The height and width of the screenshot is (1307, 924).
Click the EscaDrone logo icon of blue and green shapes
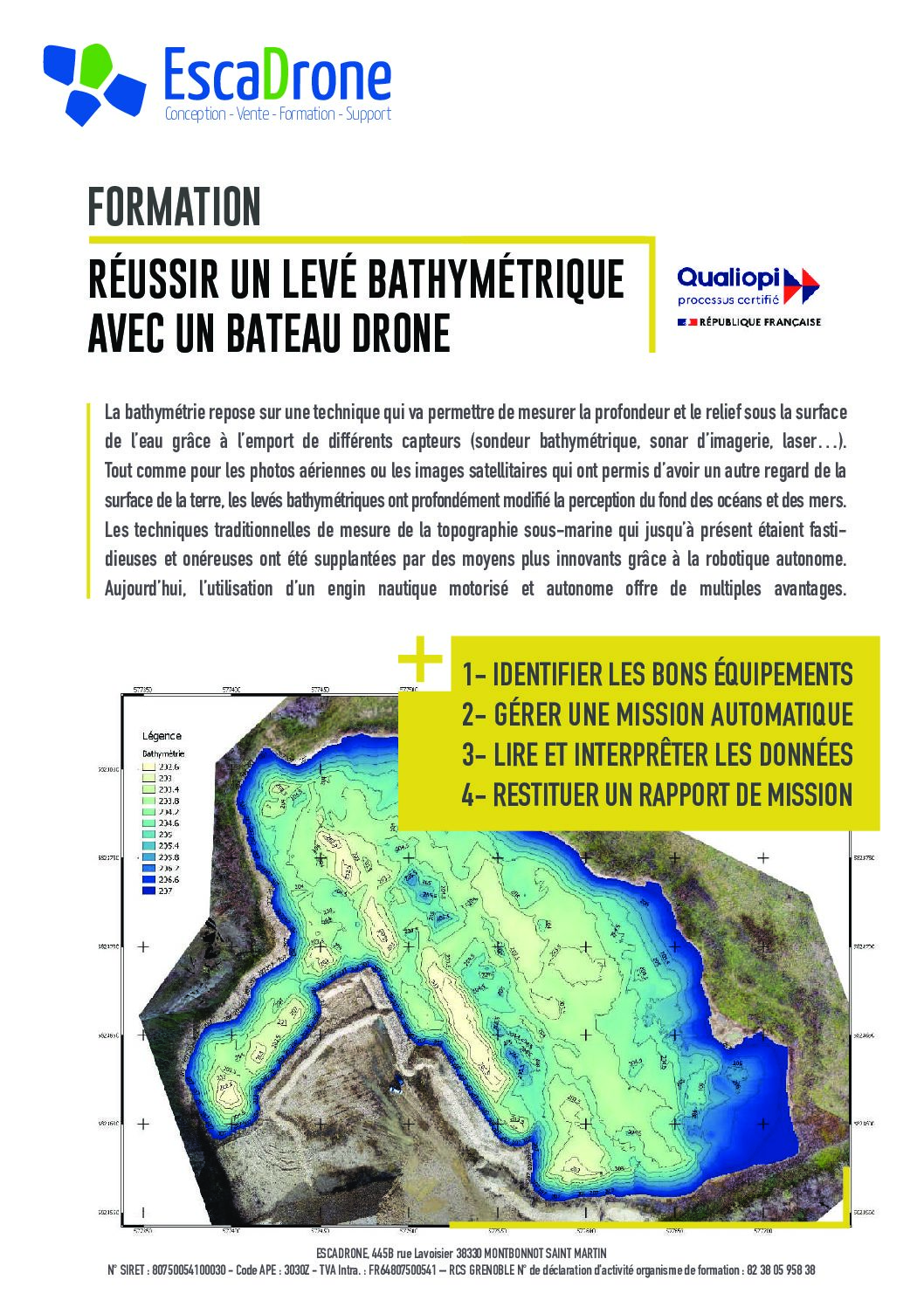93,82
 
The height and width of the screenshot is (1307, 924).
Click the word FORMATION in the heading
175,208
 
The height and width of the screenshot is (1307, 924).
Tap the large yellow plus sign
420,662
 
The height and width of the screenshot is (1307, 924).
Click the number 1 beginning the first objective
469,674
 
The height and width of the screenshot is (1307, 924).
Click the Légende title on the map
162,736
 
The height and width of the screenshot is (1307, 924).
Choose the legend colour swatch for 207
147,891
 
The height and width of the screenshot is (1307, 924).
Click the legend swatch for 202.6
147,766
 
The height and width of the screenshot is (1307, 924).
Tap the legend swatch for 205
147,834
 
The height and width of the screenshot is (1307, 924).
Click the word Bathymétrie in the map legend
163,753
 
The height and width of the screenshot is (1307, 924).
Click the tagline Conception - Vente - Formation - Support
278,114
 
